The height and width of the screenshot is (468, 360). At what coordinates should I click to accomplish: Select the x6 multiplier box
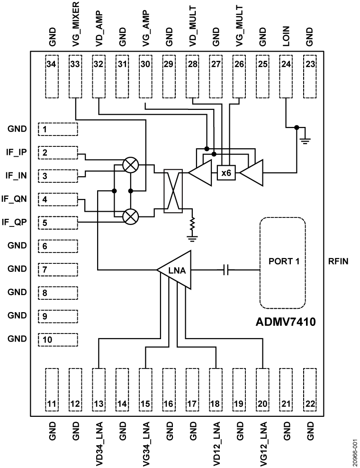[x=226, y=173]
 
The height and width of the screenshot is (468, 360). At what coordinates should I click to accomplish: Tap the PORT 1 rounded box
[x=282, y=262]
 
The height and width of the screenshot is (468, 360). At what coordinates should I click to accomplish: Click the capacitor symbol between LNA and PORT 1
[x=226, y=270]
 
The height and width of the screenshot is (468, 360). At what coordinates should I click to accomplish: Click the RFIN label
[x=339, y=261]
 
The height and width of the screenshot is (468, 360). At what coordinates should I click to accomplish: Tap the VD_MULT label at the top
[x=192, y=24]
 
